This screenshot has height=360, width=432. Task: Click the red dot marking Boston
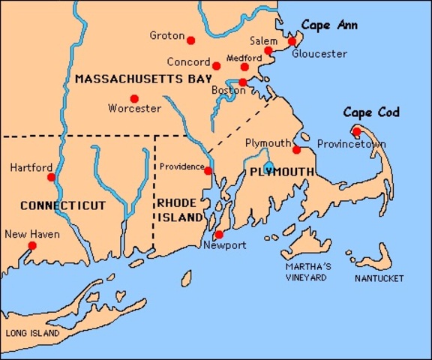coord(243,82)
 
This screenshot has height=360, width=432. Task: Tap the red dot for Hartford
coord(51,177)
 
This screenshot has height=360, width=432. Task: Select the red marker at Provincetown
coord(356,132)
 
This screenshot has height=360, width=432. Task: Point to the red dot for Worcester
coord(134,98)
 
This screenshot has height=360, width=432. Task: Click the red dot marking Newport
coord(218,235)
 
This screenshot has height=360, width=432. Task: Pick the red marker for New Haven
coord(31,245)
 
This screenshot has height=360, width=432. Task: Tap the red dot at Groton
coord(190,40)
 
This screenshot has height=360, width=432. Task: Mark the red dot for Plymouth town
coord(296,150)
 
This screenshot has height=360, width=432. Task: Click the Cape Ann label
coord(329,25)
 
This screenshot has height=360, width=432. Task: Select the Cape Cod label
coord(371,112)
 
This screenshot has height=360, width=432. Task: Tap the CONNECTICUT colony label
coord(62,205)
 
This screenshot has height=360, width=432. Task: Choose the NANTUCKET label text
coord(379,278)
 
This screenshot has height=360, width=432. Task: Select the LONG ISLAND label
coord(31,332)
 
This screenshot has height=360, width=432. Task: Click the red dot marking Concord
coord(217,66)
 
